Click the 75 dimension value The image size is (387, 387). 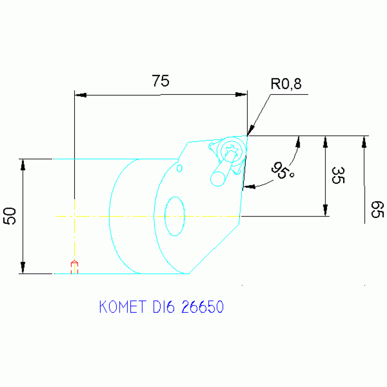160,81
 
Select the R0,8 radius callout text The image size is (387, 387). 286,84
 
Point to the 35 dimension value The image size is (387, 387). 337,175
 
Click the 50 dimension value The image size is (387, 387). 11,216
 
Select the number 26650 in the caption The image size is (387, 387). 202,307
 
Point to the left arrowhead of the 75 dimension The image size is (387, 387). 81,95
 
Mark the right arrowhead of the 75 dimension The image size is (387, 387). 241,95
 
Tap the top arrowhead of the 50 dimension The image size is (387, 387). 22,165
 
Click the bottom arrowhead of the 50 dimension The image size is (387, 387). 22,268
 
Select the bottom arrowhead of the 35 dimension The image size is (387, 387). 325,210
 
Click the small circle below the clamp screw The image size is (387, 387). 218,178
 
